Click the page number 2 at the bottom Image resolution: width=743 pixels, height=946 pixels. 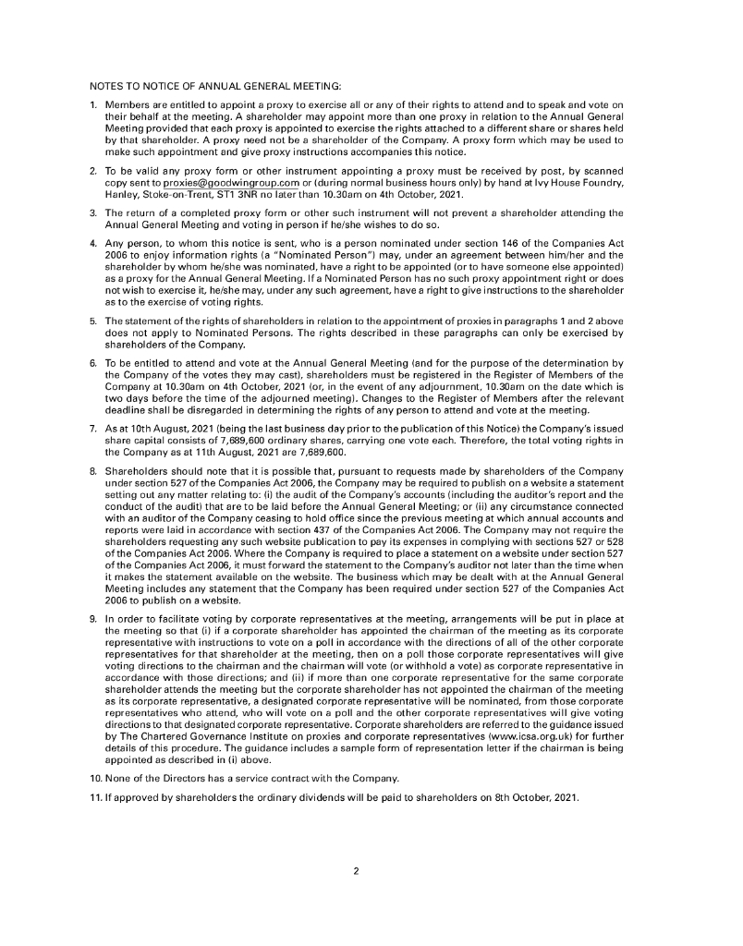coord(371,868)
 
